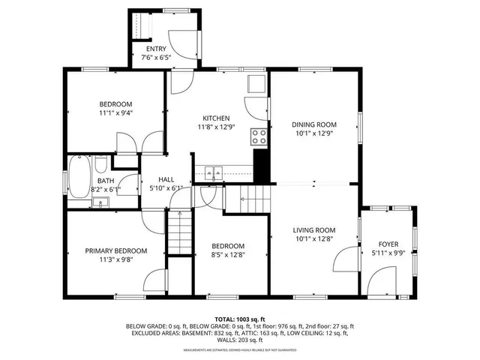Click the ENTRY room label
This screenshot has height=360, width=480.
click(156, 49)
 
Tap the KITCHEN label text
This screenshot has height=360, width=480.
click(216, 118)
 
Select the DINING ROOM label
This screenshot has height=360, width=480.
click(313, 125)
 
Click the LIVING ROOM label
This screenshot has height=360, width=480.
click(313, 230)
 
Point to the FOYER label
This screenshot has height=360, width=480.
click(388, 244)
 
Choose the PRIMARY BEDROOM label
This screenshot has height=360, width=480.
click(115, 251)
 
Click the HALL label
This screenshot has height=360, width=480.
click(166, 180)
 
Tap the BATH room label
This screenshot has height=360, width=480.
click(105, 180)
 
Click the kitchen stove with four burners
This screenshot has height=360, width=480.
click(259, 136)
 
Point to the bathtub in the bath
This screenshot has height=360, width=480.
click(79, 181)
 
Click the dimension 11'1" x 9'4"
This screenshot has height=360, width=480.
click(115, 114)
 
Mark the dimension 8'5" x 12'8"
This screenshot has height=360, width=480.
click(227, 256)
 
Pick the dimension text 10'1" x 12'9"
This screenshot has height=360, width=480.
click(313, 135)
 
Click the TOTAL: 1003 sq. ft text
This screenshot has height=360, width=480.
click(240, 319)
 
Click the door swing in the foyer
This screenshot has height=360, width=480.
click(379, 281)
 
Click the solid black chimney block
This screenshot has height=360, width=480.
click(262, 165)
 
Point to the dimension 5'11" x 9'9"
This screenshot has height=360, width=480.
click(388, 254)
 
